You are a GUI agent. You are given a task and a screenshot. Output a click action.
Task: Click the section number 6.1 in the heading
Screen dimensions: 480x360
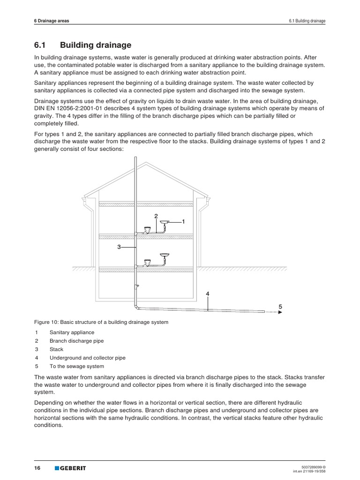[x=41, y=45]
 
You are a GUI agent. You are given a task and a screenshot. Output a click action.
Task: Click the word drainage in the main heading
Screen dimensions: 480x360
[x=112, y=45]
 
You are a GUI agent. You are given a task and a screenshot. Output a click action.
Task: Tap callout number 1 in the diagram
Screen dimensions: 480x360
[x=183, y=221]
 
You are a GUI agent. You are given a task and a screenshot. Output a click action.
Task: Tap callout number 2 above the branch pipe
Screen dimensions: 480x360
[x=156, y=216]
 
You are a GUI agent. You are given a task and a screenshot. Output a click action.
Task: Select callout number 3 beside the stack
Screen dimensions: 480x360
[x=119, y=247]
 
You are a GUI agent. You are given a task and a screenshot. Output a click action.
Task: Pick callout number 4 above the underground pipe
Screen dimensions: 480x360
[x=207, y=294]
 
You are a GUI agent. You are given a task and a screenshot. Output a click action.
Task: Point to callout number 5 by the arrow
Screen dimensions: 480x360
[x=280, y=307]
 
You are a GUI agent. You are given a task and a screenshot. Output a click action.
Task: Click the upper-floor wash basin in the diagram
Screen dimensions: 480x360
[x=165, y=222]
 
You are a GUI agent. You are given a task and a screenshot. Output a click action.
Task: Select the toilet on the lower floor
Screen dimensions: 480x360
[x=148, y=262]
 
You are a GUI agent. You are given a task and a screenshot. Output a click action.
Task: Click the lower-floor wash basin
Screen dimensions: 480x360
[x=165, y=255]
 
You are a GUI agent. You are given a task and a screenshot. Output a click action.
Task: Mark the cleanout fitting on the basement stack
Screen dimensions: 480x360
[x=137, y=286]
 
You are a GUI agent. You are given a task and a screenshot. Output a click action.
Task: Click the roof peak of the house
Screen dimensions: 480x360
[x=146, y=164]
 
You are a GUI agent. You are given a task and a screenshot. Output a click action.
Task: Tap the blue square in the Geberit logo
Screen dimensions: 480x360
[x=57, y=468]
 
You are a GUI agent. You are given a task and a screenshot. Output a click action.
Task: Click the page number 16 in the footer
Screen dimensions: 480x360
[x=37, y=468]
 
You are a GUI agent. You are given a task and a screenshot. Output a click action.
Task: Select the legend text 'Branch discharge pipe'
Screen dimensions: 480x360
[x=76, y=341]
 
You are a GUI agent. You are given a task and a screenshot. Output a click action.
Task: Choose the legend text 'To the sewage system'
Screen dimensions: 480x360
[x=76, y=366]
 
